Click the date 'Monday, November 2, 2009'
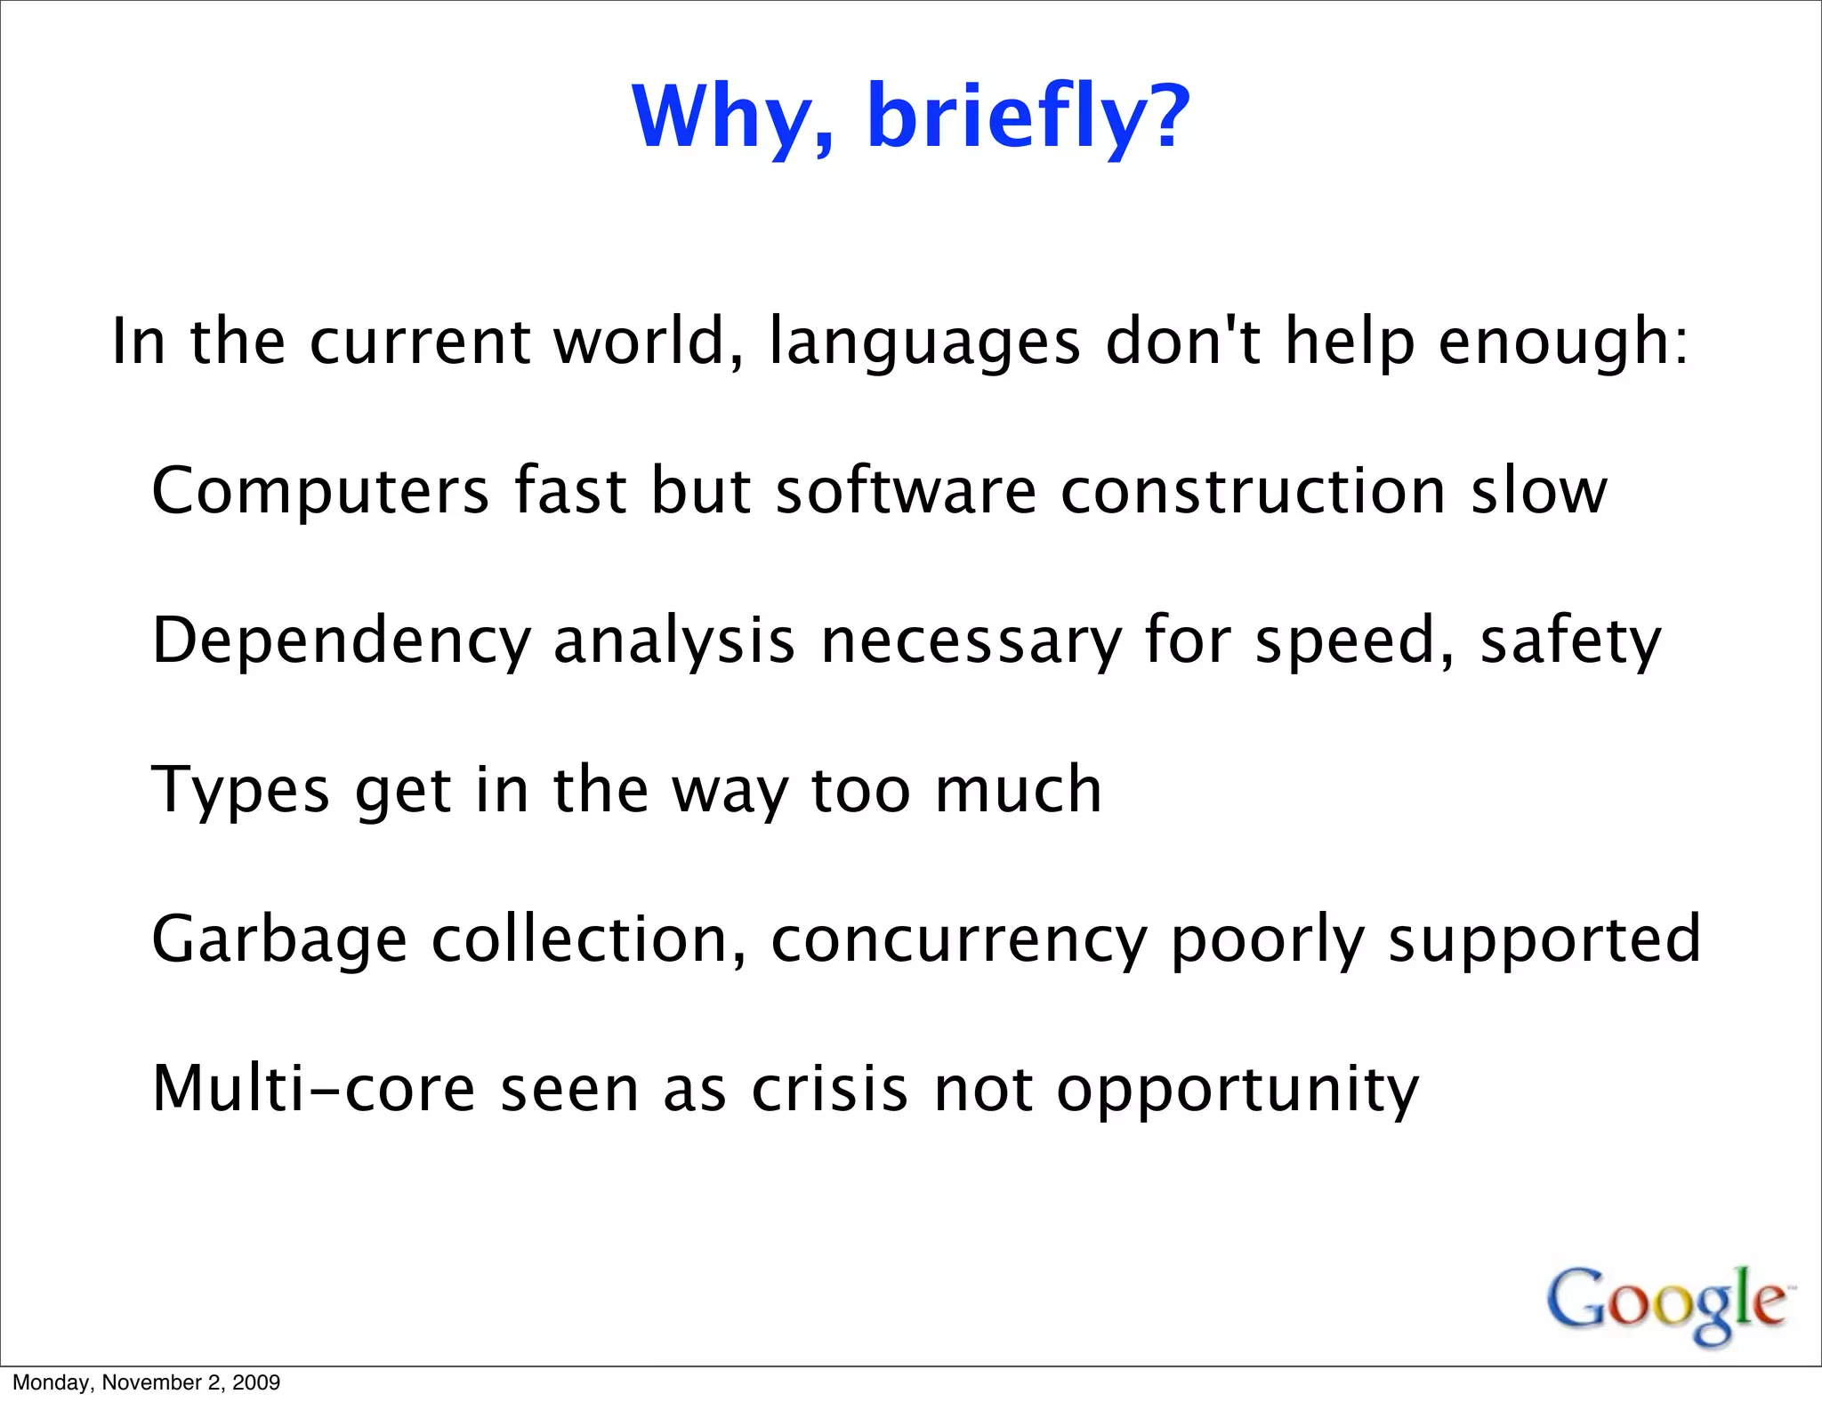tap(147, 1382)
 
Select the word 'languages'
tap(924, 342)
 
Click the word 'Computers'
tap(320, 491)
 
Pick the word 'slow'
tap(1538, 491)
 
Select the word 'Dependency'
tap(341, 641)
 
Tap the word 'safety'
tap(1570, 641)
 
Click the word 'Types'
tap(241, 790)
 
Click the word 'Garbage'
tap(279, 939)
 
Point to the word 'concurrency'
tap(959, 941)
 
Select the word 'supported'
tap(1544, 941)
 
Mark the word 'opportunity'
tap(1238, 1090)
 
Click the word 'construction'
tap(1254, 491)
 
